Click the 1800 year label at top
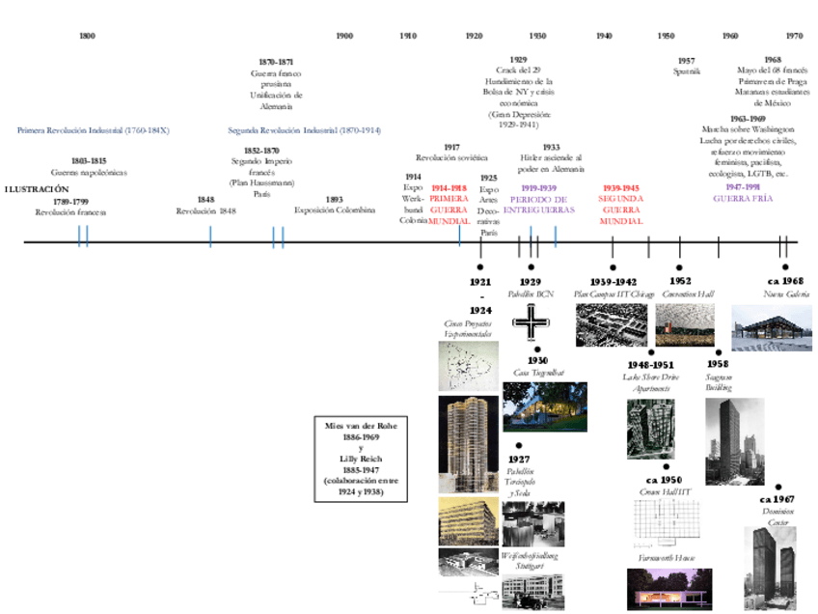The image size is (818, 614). [x=87, y=36]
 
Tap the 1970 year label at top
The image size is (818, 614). [x=794, y=36]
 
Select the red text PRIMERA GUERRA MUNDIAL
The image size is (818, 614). [x=449, y=205]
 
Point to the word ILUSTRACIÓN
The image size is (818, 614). [x=37, y=189]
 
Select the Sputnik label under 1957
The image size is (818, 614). [x=686, y=70]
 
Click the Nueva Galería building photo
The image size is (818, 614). [x=771, y=327]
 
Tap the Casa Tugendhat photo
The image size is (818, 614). [x=544, y=406]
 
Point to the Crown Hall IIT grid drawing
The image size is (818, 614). [x=665, y=526]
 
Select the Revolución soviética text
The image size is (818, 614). [x=451, y=157]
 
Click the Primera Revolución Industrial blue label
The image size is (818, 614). [x=93, y=129]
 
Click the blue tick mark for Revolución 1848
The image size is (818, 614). [x=210, y=237]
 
